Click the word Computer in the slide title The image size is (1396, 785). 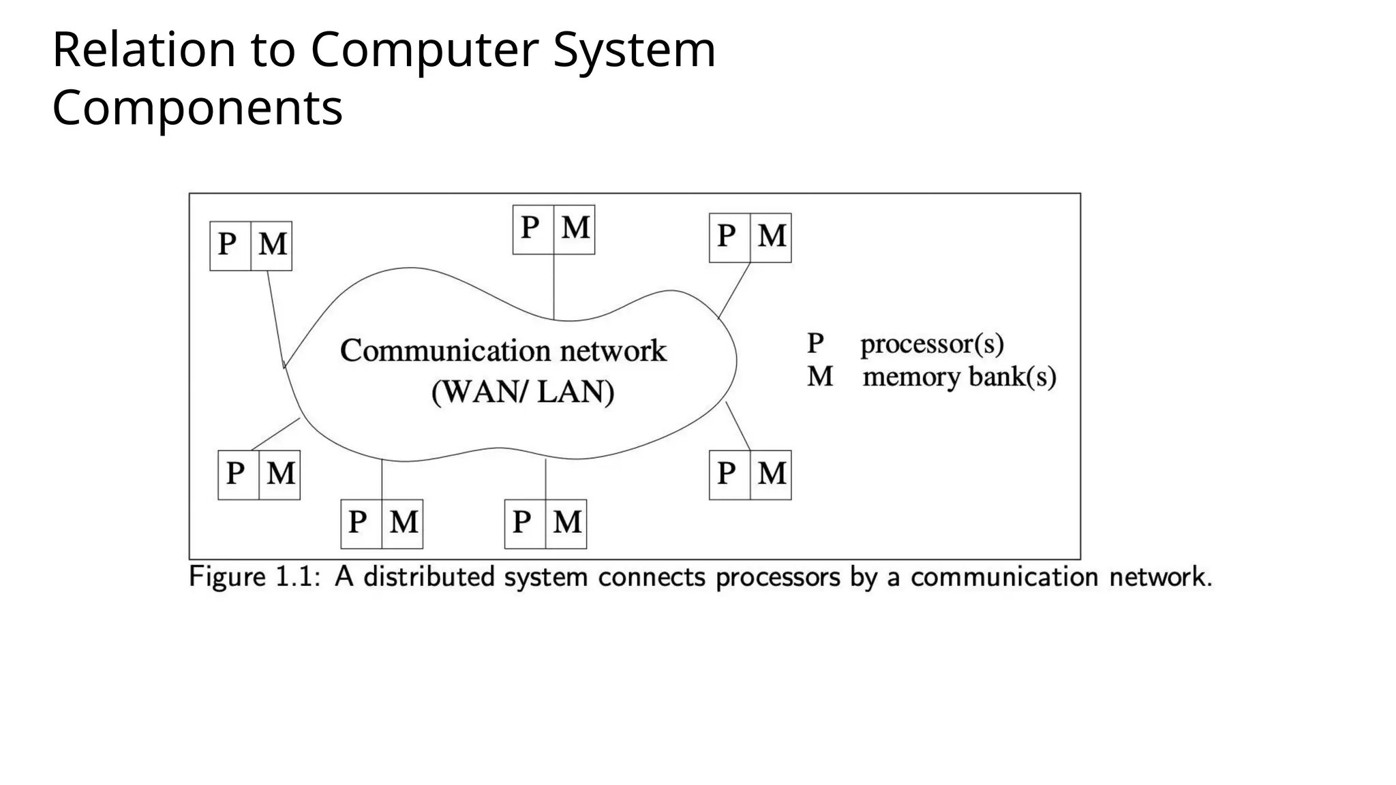tap(424, 50)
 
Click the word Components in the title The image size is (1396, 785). tap(197, 108)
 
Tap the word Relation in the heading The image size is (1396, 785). tap(144, 50)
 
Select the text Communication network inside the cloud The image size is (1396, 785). tap(503, 351)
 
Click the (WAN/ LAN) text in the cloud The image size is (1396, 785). tap(523, 392)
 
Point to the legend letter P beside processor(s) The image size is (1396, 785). tap(815, 343)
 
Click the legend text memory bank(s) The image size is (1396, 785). tap(959, 377)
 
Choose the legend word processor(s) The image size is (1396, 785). tap(932, 343)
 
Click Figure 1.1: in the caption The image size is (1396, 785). tap(254, 577)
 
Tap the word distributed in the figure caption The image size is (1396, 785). tap(429, 577)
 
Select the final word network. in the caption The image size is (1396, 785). tap(1161, 577)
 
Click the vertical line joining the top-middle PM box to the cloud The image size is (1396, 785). tap(553, 286)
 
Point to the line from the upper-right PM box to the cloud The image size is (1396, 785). tap(735, 290)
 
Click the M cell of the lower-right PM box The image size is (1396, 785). tap(771, 475)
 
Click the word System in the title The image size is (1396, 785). tap(634, 50)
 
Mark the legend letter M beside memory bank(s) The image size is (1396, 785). tap(820, 377)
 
